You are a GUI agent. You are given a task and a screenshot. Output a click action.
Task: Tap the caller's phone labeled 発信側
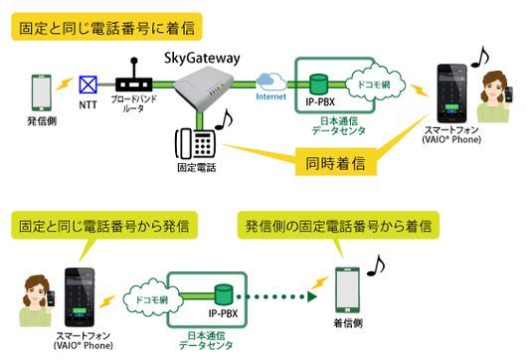tap(42, 92)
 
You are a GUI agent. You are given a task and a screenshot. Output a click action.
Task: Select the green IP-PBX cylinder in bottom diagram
tap(222, 294)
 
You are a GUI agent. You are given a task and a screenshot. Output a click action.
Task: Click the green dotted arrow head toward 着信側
tap(312, 295)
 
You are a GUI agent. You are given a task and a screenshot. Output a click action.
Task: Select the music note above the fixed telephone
tap(225, 119)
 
